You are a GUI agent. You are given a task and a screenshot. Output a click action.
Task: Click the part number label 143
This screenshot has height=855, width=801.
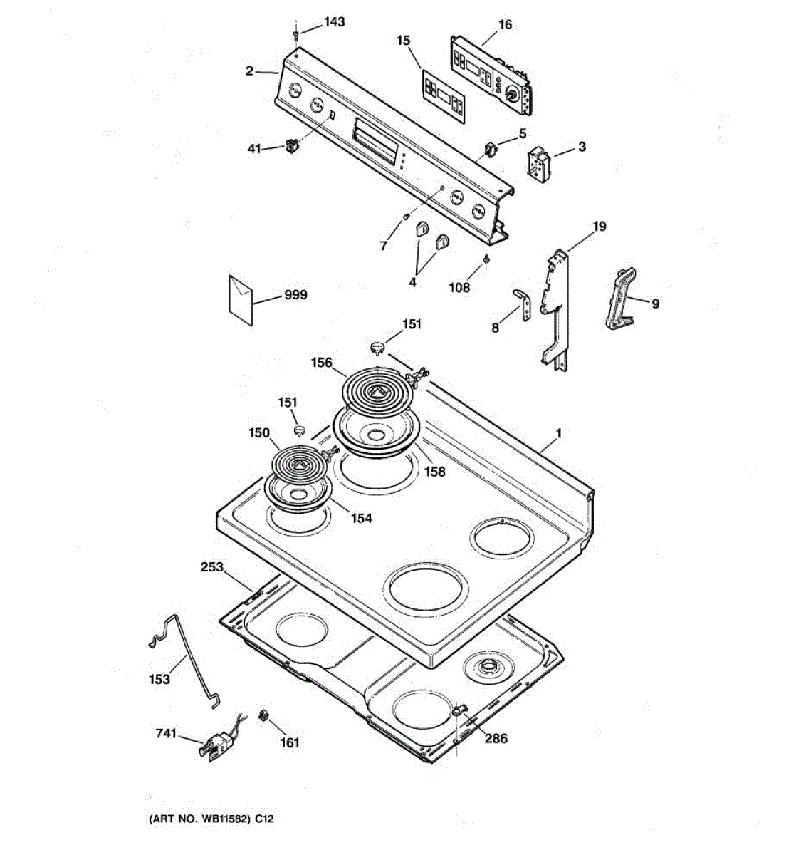click(x=333, y=22)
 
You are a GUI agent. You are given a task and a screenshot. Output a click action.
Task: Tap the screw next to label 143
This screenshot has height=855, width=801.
click(x=295, y=32)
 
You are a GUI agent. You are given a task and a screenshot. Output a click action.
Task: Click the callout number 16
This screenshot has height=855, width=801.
click(x=504, y=25)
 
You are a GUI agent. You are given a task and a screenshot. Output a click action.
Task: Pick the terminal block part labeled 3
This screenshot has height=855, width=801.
click(x=537, y=162)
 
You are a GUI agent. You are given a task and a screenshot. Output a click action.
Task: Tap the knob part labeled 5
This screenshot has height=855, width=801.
click(x=489, y=150)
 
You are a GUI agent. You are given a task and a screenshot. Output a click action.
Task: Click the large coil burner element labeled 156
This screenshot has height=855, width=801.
click(x=376, y=390)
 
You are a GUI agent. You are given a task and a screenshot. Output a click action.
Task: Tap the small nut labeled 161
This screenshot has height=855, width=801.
click(x=263, y=715)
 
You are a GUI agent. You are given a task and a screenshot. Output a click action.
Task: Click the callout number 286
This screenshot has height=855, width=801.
click(x=496, y=738)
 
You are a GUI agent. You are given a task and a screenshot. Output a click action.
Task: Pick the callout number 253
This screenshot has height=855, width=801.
click(x=212, y=568)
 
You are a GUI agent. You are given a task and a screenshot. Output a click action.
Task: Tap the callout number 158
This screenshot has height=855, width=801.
click(x=434, y=472)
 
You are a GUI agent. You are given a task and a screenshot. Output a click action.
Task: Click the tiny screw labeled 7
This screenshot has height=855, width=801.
click(x=407, y=216)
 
